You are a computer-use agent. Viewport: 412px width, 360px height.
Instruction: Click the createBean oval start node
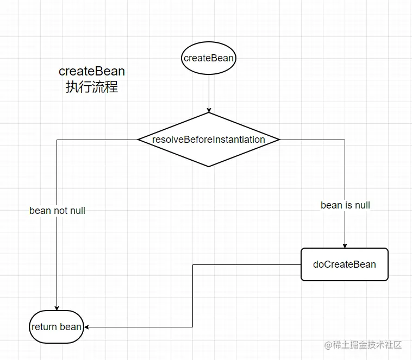click(209, 58)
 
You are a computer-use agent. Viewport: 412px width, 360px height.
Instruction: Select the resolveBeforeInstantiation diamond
click(209, 140)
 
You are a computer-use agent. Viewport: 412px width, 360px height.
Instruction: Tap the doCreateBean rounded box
click(345, 264)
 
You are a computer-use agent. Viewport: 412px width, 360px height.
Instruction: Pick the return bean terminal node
click(57, 327)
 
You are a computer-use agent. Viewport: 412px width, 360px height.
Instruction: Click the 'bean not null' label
click(57, 210)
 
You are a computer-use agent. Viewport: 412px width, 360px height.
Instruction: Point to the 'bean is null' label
click(345, 205)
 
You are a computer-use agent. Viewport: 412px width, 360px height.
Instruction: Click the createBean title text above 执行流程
click(92, 71)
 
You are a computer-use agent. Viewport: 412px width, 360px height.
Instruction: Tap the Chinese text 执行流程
click(92, 87)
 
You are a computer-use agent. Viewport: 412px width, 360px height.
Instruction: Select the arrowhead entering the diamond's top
click(209, 110)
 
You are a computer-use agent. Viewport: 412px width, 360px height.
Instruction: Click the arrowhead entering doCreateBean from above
click(345, 245)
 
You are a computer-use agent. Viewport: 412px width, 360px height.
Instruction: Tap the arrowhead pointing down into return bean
click(57, 308)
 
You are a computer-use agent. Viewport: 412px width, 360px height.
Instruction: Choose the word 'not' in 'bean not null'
click(60, 210)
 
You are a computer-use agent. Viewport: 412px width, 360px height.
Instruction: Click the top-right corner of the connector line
click(345, 140)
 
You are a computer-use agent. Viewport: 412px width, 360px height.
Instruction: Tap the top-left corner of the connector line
click(57, 140)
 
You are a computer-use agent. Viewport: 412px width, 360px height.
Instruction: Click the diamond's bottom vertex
click(209, 167)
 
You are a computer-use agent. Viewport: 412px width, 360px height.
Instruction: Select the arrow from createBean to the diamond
click(209, 92)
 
